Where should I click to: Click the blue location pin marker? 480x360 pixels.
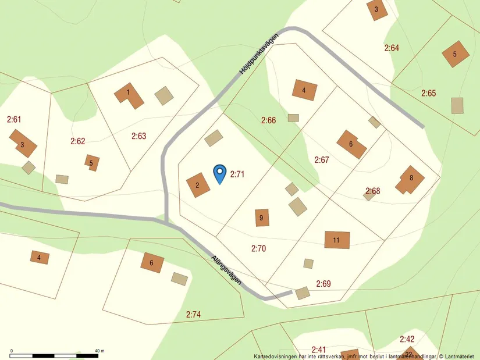pos(219,173)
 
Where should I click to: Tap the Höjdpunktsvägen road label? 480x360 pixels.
pos(259,54)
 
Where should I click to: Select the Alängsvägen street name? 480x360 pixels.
pos(226,269)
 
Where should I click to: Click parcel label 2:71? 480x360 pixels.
pos(238,173)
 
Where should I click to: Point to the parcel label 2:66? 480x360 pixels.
pos(268,120)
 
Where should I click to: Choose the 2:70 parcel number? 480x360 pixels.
pos(258,248)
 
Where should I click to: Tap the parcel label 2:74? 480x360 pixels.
pos(193,315)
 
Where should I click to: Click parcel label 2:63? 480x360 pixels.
pos(138,136)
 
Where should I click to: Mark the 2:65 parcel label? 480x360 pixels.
pos(429,93)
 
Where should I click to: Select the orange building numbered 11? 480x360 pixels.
pos(337,240)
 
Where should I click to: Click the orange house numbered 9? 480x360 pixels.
pos(262,218)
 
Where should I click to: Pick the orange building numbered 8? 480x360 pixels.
pos(411,179)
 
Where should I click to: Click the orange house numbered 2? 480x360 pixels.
pos(198,186)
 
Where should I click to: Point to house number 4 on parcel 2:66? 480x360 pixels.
pos(305,90)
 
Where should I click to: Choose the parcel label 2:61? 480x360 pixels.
pos(14,119)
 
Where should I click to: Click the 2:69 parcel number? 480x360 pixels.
pos(323,284)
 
